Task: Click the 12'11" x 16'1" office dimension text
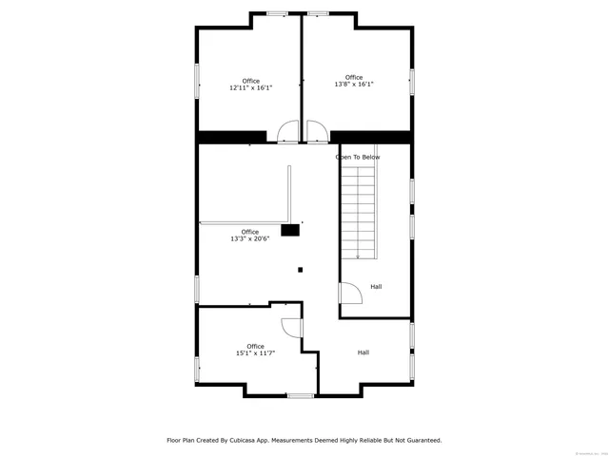pos(250,87)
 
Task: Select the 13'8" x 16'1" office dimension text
pos(353,84)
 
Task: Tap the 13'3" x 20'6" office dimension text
pos(249,238)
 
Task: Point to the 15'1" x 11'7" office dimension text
pos(255,352)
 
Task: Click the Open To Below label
pos(358,157)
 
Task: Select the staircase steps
pos(360,212)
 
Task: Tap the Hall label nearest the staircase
pos(376,286)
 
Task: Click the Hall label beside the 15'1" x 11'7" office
pos(363,352)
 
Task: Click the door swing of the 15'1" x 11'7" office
pos(292,327)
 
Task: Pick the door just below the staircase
pos(350,294)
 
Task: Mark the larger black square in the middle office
pos(290,229)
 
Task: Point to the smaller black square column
pos(301,270)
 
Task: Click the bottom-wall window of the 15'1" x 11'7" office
pos(301,394)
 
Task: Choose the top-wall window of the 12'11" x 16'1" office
pos(277,13)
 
